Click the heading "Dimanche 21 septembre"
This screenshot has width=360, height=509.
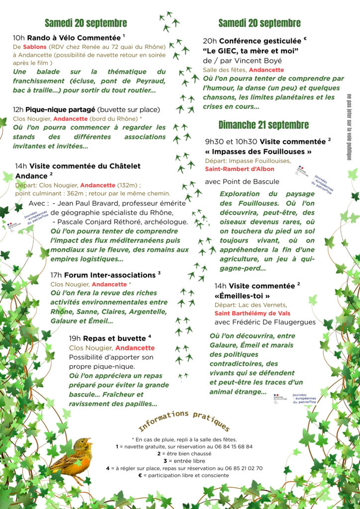(264, 125)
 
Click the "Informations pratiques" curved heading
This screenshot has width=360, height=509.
(184, 421)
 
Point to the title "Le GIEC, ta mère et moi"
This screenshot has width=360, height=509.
(250, 51)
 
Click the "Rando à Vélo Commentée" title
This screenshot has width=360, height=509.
(74, 38)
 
